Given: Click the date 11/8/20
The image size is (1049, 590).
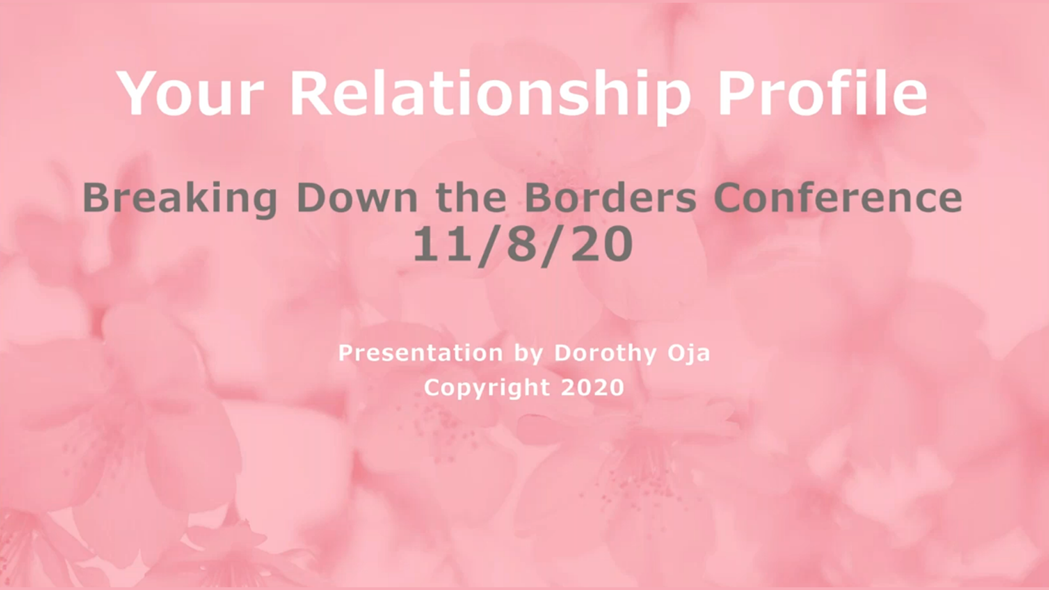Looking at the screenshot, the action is click(x=523, y=246).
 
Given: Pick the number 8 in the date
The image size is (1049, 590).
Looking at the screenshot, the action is click(x=523, y=244).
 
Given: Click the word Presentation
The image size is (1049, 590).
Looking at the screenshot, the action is click(x=421, y=353).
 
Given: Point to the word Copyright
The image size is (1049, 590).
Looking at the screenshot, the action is click(x=487, y=388).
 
